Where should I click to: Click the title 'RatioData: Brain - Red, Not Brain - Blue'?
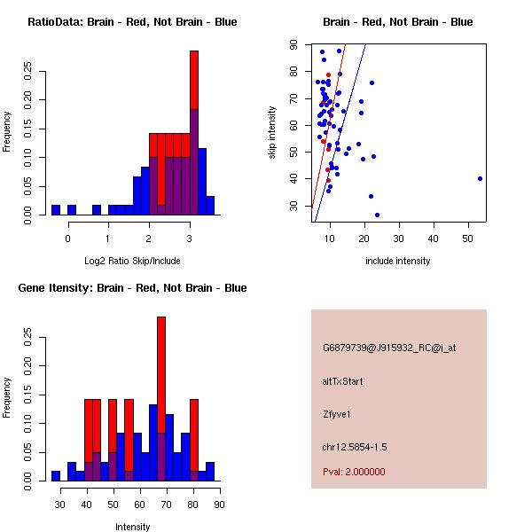click(x=132, y=21)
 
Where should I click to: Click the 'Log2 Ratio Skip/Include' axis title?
click(x=132, y=261)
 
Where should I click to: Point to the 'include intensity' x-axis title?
click(x=398, y=261)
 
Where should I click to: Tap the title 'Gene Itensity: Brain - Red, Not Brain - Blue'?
click(x=132, y=287)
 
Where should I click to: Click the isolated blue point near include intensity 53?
click(x=480, y=178)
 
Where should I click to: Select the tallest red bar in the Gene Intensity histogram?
click(x=161, y=372)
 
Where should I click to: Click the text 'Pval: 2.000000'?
click(x=354, y=472)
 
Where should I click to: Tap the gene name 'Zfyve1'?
click(x=337, y=413)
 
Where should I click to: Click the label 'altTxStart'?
click(x=342, y=381)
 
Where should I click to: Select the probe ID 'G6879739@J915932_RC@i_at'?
click(x=389, y=348)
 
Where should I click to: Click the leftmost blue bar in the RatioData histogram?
click(x=56, y=210)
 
